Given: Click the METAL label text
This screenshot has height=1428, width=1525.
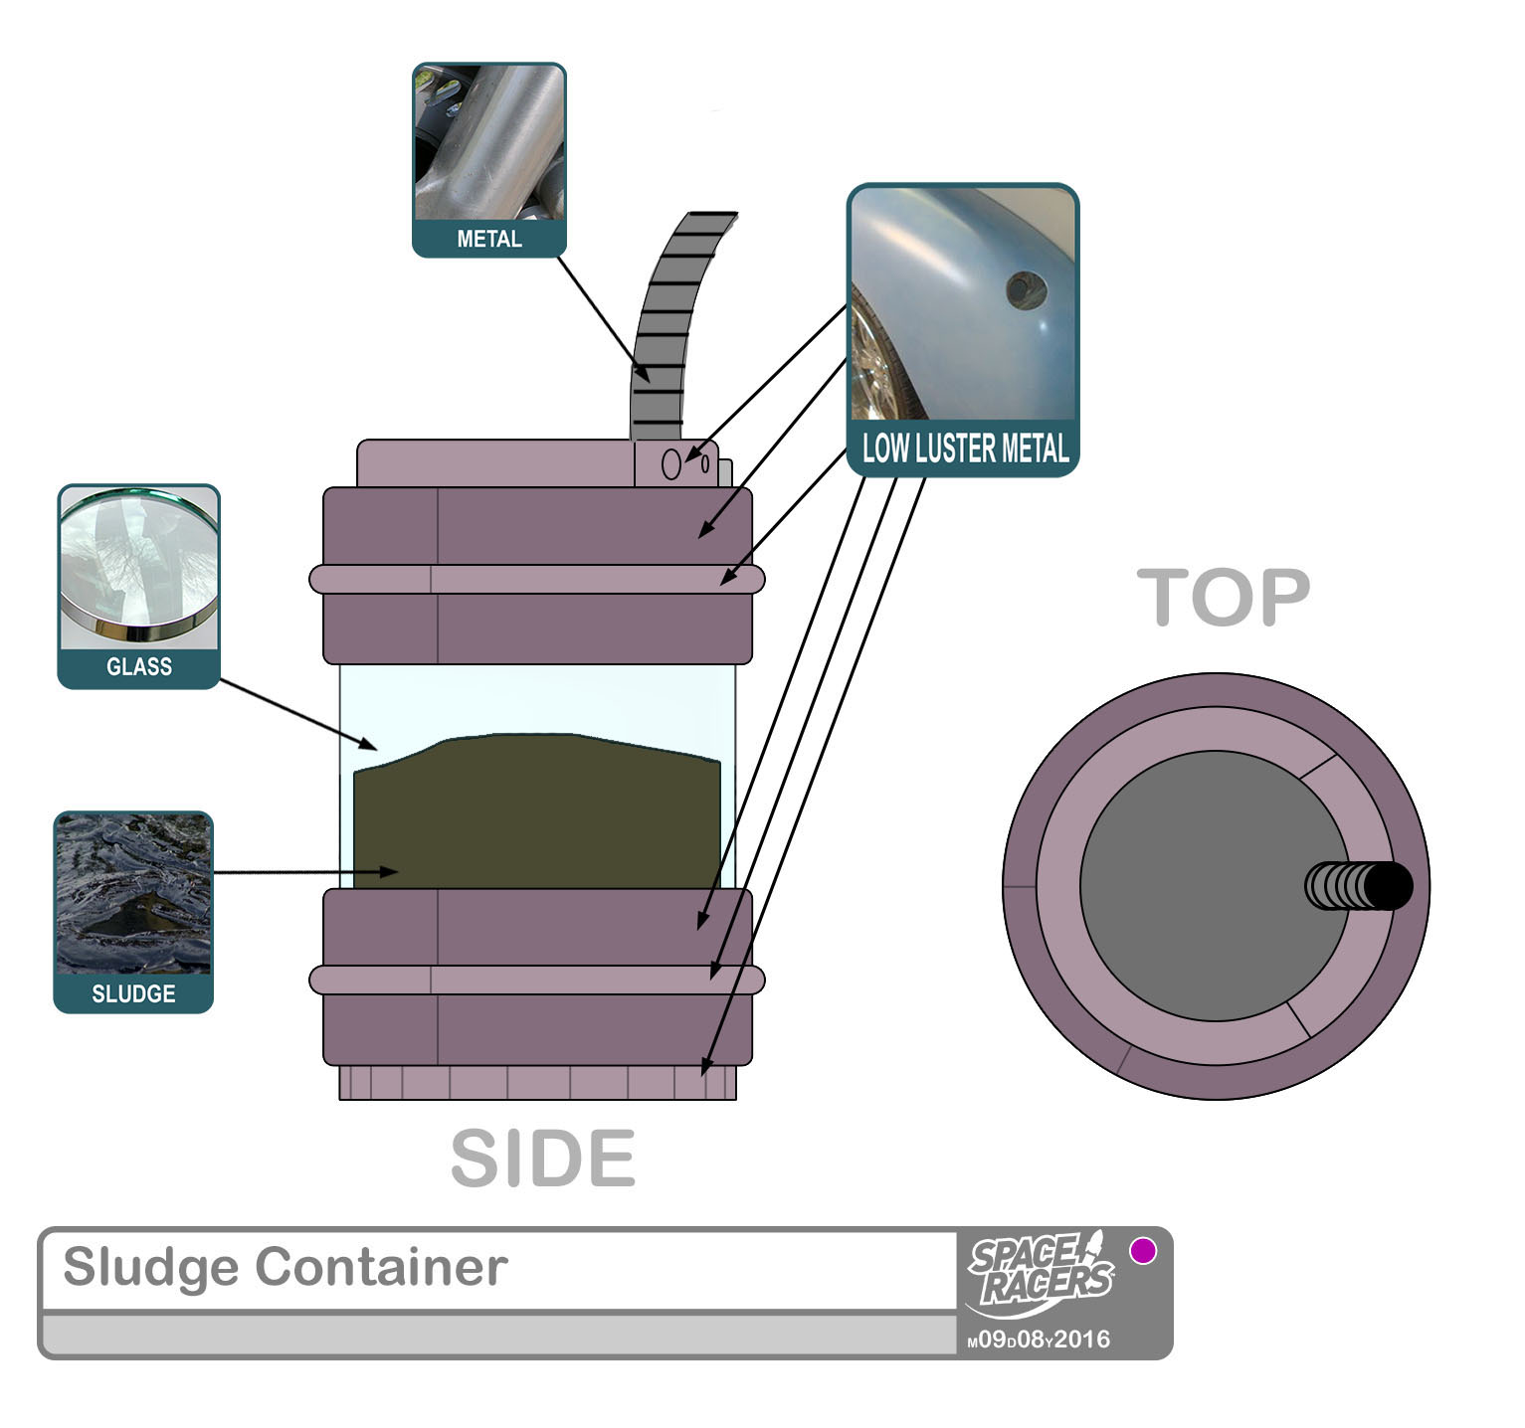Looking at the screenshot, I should [x=488, y=239].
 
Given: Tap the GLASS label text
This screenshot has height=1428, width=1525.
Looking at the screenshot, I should [x=138, y=666].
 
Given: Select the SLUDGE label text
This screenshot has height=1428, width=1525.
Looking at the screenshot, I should [x=133, y=993].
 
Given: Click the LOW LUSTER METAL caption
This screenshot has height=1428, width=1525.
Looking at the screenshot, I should [x=964, y=448].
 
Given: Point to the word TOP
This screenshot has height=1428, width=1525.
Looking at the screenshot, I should [x=1223, y=598].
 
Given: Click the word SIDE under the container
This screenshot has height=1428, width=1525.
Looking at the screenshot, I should [x=542, y=1159].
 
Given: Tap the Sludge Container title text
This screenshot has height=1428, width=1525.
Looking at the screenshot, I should [x=285, y=1267].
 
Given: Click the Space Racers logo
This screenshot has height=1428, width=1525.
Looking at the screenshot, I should [x=1041, y=1272].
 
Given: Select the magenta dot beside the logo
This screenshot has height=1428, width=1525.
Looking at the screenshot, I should [x=1143, y=1250].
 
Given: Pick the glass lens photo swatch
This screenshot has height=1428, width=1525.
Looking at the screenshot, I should [x=138, y=567].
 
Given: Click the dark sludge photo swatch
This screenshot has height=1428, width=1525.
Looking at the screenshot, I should [x=133, y=894].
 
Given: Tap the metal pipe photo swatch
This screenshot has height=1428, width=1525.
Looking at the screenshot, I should [x=488, y=142].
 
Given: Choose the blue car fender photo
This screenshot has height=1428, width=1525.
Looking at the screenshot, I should [x=963, y=303].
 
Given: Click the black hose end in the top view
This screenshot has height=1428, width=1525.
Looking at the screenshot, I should [x=1387, y=886].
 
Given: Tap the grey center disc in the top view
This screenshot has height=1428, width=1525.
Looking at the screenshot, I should [x=1194, y=885].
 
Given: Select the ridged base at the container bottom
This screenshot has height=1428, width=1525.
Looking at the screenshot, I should [x=537, y=1083].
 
